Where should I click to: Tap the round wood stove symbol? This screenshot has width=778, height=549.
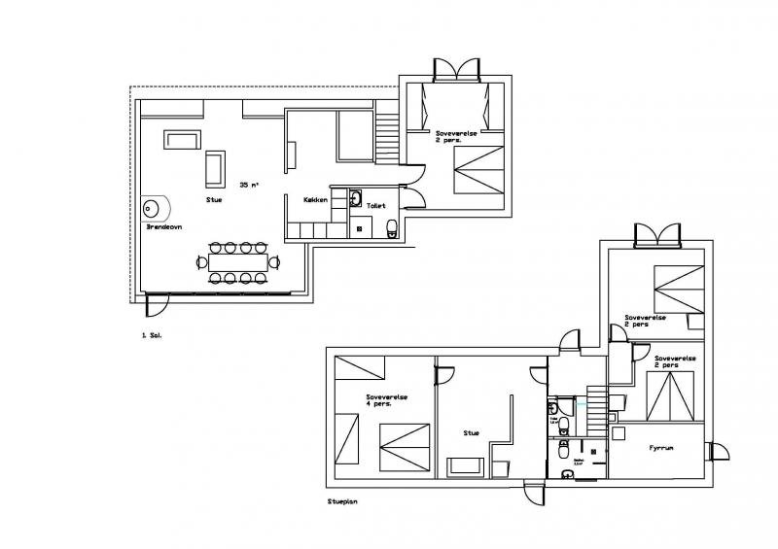[x=154, y=207]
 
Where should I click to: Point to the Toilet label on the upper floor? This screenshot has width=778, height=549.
[x=377, y=206]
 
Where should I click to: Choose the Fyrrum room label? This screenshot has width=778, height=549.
[x=662, y=449]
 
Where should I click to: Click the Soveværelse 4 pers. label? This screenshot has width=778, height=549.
[x=386, y=400]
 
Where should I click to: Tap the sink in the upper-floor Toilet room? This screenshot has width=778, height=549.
[x=356, y=200]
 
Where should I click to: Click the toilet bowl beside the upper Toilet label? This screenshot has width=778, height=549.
[x=391, y=227]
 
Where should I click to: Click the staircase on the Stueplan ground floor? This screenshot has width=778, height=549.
[x=595, y=417]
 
